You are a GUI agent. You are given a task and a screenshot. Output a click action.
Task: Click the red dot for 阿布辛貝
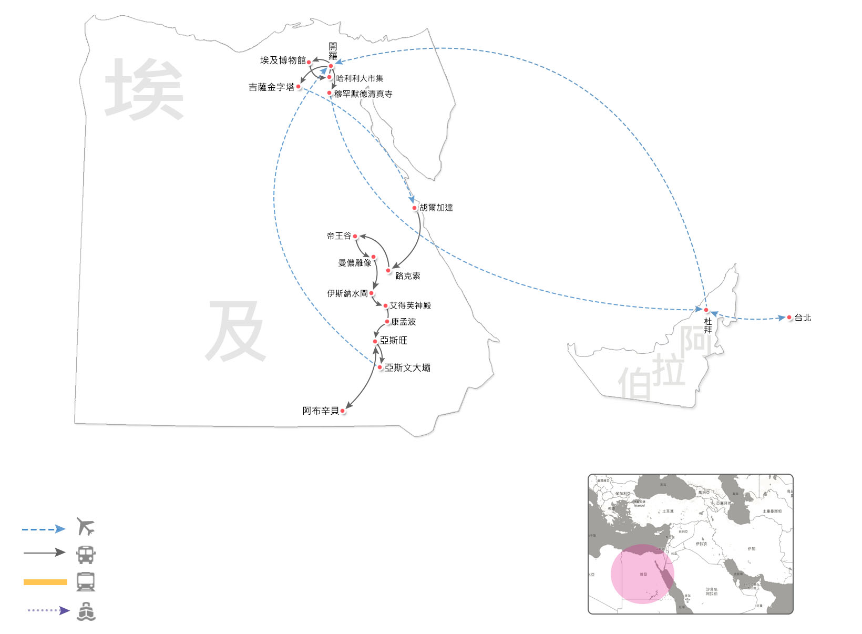(x=343, y=411)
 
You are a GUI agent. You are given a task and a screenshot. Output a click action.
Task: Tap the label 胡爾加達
(x=436, y=208)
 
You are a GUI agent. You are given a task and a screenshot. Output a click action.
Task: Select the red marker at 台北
(x=789, y=318)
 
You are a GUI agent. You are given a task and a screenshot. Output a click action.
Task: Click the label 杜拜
(x=708, y=325)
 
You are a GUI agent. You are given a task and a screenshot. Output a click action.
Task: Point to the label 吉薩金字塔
(x=271, y=87)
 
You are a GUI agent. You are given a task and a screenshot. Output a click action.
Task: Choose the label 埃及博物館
(x=283, y=60)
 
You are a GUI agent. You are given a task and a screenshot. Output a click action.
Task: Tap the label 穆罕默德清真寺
(x=363, y=94)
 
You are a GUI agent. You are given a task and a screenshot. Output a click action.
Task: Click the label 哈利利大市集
(x=360, y=78)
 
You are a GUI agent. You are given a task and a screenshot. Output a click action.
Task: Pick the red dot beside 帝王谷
(x=355, y=237)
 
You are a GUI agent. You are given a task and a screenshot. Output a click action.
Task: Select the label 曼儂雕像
(x=354, y=263)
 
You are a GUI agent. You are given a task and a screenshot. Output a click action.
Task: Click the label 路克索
(x=407, y=276)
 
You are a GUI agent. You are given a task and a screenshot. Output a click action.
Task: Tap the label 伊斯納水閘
(x=347, y=293)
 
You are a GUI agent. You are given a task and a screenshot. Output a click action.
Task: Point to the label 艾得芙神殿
(x=411, y=305)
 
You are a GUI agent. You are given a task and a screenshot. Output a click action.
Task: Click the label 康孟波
(x=403, y=322)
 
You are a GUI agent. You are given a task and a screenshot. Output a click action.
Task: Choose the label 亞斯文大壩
(x=407, y=368)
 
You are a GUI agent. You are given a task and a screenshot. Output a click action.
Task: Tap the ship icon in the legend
(x=86, y=611)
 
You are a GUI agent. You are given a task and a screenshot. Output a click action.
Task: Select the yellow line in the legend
(x=45, y=582)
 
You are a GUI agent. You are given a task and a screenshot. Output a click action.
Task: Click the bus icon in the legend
(x=86, y=554)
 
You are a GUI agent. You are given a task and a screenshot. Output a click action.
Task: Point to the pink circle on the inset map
(x=642, y=574)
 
